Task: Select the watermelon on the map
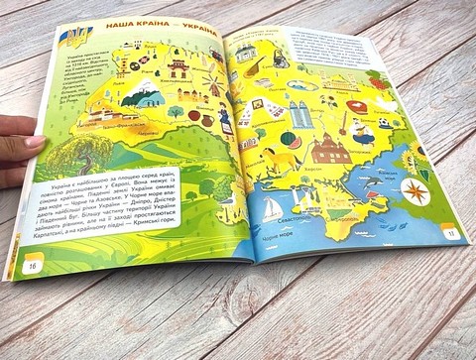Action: pos(291,140)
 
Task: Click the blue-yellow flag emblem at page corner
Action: pos(74,38)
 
